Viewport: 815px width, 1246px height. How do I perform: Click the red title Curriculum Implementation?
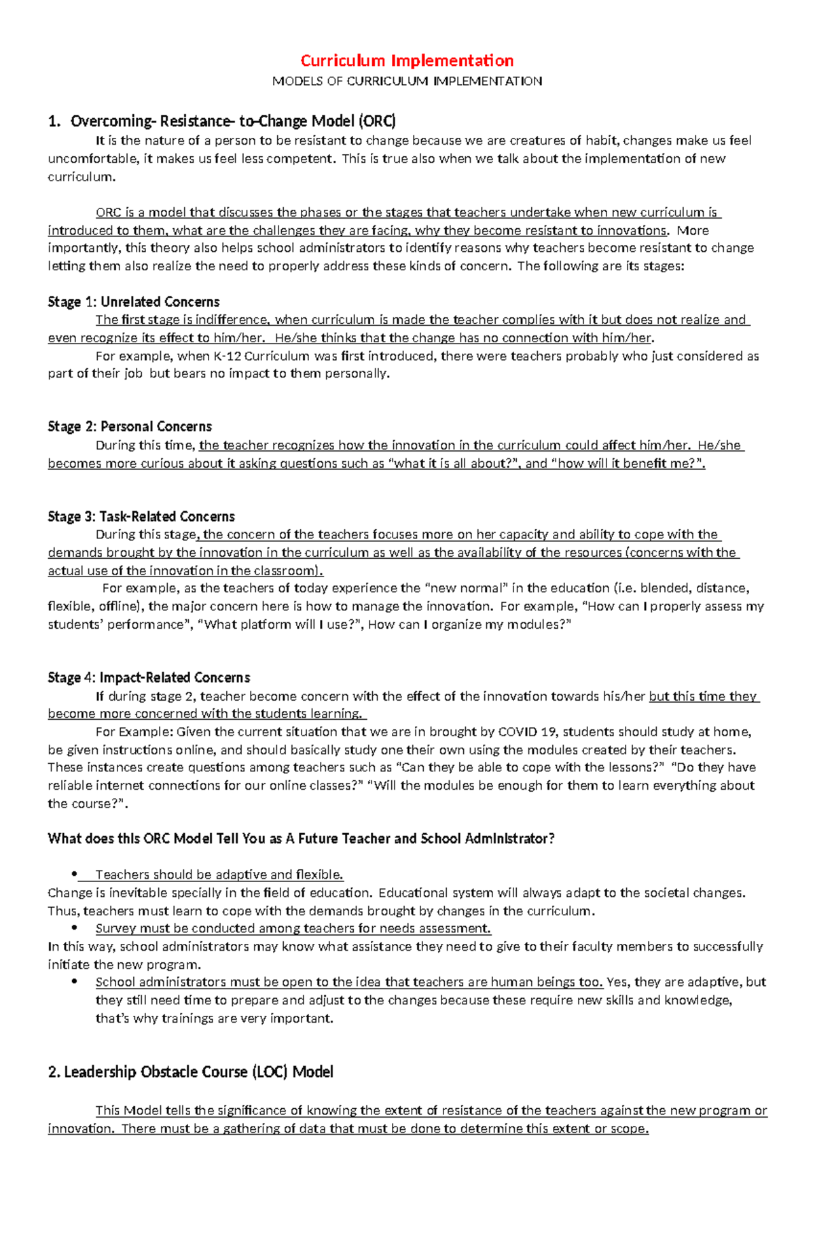click(407, 60)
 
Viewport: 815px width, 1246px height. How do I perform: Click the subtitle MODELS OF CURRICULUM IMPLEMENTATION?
click(407, 81)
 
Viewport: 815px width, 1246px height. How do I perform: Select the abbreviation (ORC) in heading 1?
click(377, 122)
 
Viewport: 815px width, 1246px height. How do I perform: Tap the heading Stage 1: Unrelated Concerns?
click(134, 302)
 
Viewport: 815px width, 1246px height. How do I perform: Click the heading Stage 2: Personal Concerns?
click(130, 426)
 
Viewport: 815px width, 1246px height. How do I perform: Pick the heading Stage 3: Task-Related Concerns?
click(141, 517)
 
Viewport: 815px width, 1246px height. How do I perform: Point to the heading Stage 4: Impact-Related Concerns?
click(149, 678)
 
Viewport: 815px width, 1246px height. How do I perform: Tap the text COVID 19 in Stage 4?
click(527, 732)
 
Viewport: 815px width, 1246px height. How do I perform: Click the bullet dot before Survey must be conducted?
click(75, 928)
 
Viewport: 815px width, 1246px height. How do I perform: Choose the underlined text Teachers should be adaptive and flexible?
click(219, 875)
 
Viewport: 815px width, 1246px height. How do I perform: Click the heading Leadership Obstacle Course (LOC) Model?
click(191, 1072)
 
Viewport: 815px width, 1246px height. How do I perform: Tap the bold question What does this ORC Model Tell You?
click(301, 839)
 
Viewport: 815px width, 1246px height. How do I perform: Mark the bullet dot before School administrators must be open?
click(75, 982)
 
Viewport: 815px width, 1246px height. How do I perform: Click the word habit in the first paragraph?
click(602, 141)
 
